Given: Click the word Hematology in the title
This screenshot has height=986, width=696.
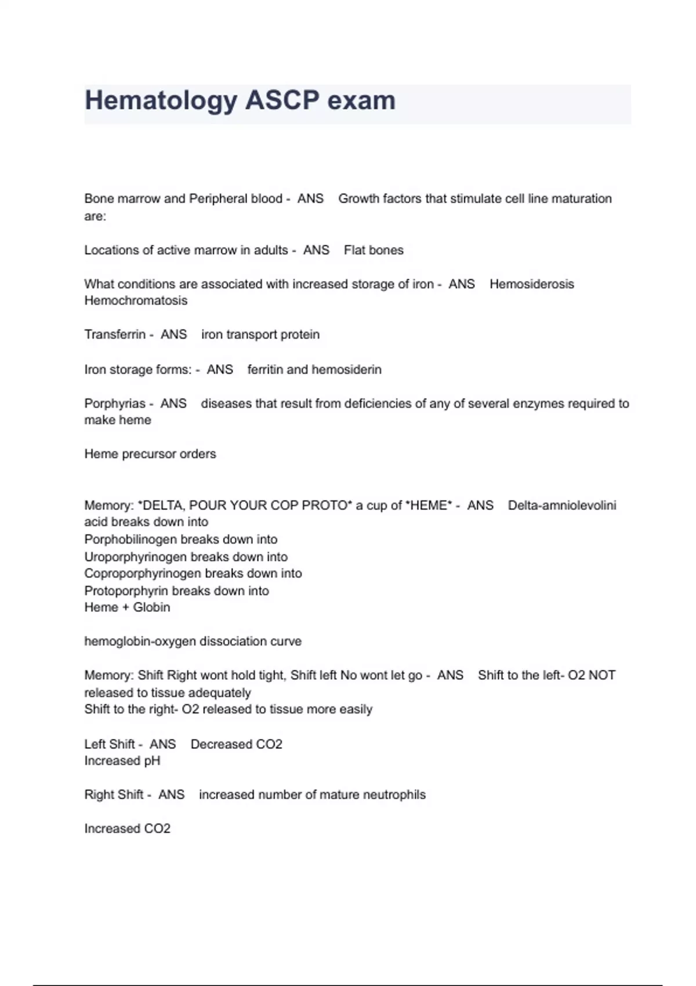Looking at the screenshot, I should [x=161, y=101].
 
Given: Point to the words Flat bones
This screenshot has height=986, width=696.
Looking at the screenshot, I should [x=374, y=250].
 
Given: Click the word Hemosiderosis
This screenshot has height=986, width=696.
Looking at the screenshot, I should [x=531, y=284].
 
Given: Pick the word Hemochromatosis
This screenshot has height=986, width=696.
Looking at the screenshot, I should [x=136, y=300].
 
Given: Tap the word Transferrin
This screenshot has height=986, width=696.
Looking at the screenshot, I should [x=115, y=335].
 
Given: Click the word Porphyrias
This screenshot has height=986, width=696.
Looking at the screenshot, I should [x=115, y=403].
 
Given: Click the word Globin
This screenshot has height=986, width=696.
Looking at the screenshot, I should [x=151, y=607].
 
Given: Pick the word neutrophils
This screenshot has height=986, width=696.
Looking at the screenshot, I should [x=394, y=795].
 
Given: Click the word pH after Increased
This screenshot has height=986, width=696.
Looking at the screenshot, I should [x=152, y=761].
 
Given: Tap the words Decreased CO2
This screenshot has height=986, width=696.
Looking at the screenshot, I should [x=236, y=744].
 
